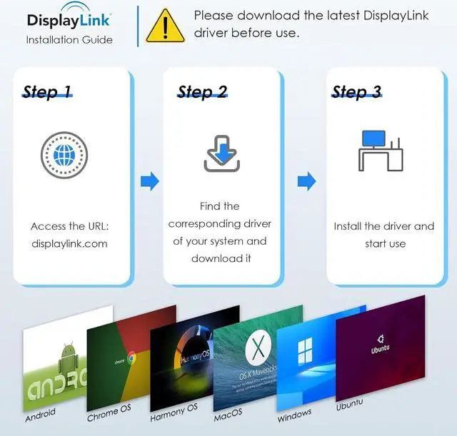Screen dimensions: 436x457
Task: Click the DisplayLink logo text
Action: pos(69,20)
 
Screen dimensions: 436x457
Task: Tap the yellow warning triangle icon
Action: pos(165,26)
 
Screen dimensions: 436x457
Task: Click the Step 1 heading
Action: pos(48,92)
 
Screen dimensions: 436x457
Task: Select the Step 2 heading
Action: pos(202,92)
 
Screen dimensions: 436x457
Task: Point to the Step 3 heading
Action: pos(356,92)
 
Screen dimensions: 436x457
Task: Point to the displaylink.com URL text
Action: pos(69,243)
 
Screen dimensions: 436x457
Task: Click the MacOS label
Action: pos(228,412)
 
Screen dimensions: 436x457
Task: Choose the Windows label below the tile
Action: pos(294,413)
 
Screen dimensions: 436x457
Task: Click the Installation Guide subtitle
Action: pos(69,40)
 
